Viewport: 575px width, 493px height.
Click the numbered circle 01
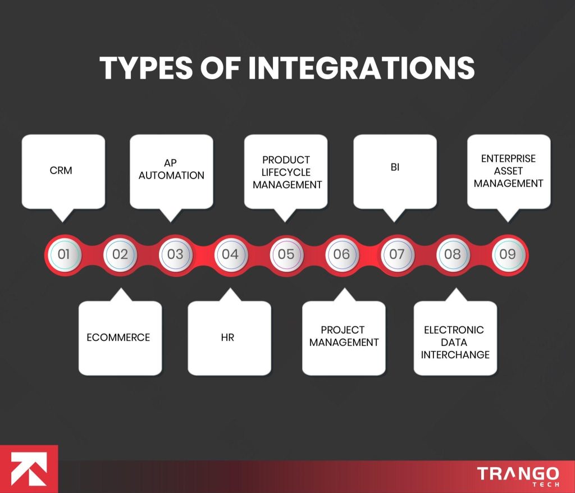63,254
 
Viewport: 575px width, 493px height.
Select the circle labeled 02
120,254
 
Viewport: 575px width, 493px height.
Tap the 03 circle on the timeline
175,254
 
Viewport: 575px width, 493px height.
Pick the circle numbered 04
230,254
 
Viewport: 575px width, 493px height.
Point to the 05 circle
286,254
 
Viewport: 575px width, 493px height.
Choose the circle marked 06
341,254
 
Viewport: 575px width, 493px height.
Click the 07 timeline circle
396,254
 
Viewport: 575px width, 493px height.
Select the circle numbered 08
452,254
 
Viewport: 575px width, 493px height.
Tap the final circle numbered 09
508,254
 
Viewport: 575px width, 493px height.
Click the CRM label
61,170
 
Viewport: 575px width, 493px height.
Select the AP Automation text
171,169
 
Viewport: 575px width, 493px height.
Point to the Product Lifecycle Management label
286,172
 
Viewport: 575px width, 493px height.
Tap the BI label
395,168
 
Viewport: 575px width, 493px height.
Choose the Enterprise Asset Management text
509,171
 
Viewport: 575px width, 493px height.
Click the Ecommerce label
118,337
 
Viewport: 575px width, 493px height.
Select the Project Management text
343,336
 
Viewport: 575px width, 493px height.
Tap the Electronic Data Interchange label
454,342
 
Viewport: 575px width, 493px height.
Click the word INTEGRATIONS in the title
362,69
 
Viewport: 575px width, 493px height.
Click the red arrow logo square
29,469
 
